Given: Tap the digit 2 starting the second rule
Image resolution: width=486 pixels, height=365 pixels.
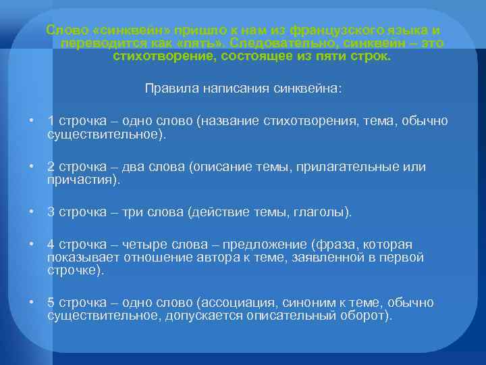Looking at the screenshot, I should [51, 167].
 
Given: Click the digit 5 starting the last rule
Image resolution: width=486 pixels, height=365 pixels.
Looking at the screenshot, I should [51, 303].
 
